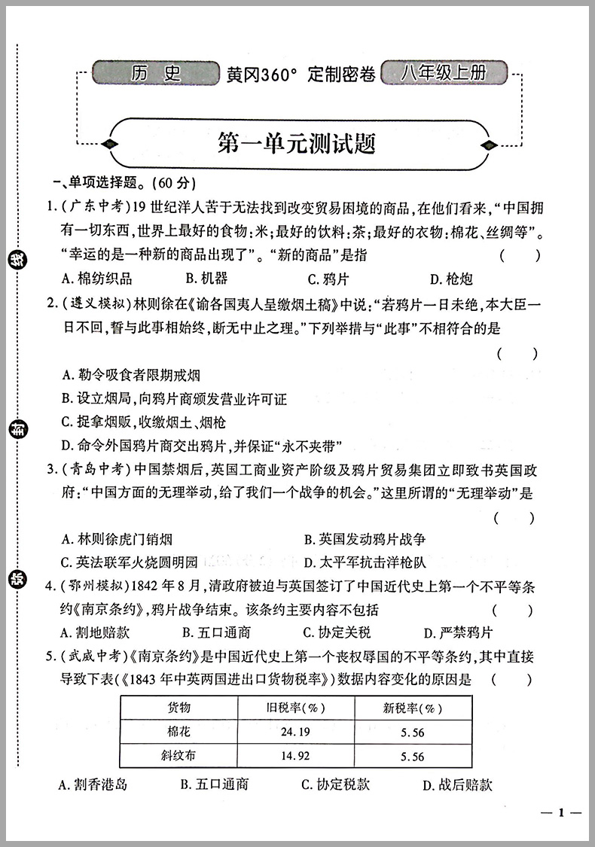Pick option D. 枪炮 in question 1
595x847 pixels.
point(451,279)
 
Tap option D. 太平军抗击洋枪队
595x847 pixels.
point(365,562)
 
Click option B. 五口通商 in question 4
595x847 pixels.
point(215,632)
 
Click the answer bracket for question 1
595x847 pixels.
point(519,255)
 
